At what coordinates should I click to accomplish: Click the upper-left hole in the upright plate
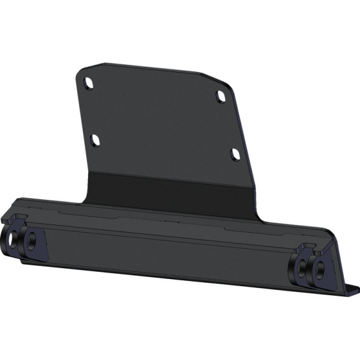pos(88,82)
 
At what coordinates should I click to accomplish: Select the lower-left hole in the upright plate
pos(94,140)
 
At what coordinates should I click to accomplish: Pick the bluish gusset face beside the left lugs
pos(41,245)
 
